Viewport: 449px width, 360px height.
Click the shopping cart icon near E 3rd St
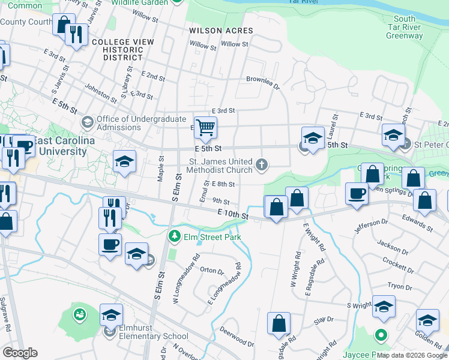(x=205, y=127)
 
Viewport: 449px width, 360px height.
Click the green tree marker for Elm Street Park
(x=175, y=236)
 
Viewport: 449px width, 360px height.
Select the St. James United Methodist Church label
(x=221, y=166)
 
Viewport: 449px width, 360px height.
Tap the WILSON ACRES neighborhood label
(x=221, y=30)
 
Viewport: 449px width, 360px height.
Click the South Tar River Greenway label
(x=405, y=28)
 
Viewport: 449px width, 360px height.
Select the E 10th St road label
(x=233, y=213)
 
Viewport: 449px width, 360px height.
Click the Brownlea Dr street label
(x=263, y=82)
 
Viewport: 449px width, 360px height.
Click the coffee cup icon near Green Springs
(x=357, y=193)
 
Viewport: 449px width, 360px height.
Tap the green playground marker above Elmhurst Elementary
(x=80, y=313)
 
